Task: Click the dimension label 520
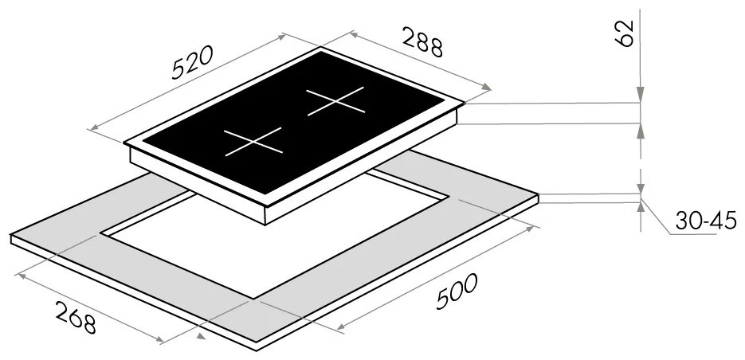coord(192,62)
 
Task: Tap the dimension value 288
coord(423,41)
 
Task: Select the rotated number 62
coord(625,33)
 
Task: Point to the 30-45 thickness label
coord(706,221)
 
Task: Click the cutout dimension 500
coord(457,292)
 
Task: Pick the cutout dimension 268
coord(76,317)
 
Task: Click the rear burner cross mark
coord(335,101)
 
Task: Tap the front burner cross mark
coord(253,142)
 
